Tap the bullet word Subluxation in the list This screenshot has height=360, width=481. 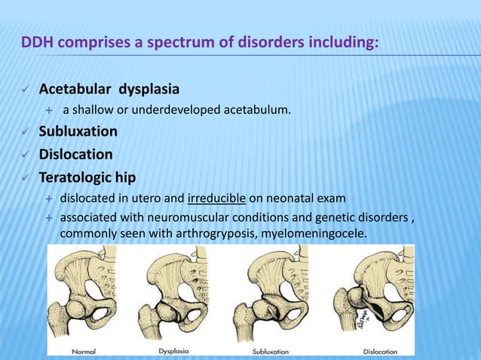coord(78,132)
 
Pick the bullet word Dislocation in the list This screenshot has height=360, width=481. coord(75,154)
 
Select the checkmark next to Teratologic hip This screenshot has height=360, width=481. coord(23,179)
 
